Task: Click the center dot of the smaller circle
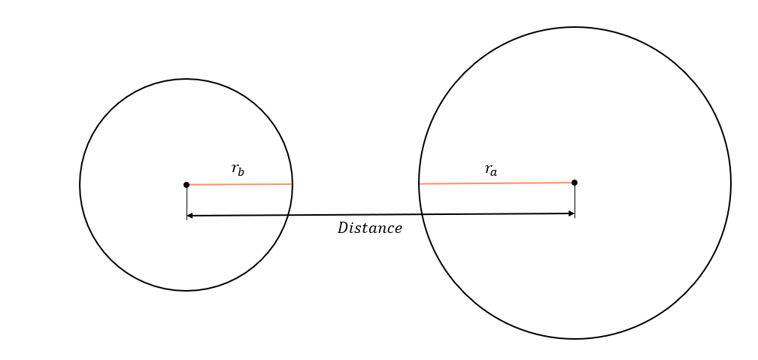tap(186, 185)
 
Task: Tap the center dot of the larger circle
tap(575, 183)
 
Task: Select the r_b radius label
tap(238, 170)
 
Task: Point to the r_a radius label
tap(491, 171)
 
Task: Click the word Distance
tap(369, 228)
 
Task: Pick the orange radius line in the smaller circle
tap(239, 184)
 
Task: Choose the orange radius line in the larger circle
tap(496, 183)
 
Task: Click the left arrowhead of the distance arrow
tap(189, 216)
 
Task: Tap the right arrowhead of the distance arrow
tap(572, 214)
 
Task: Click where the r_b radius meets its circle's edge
tap(292, 184)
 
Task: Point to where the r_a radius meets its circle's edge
tap(420, 183)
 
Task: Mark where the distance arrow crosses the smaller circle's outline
tap(288, 216)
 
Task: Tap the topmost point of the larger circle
tap(575, 28)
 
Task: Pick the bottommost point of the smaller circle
tap(186, 290)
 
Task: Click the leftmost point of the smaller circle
tap(80, 185)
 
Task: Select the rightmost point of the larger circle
tap(730, 183)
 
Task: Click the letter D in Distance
tap(342, 228)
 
